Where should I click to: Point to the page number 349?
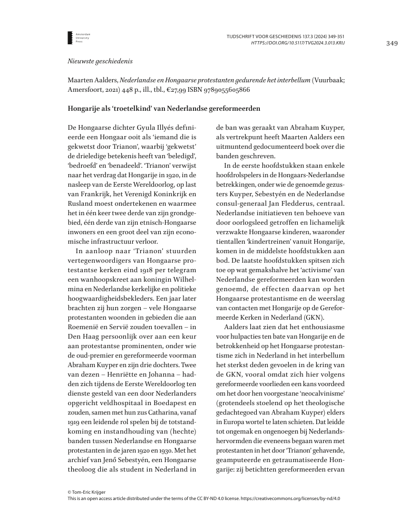pos(392,43)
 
